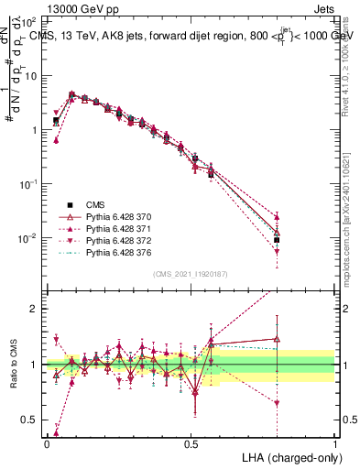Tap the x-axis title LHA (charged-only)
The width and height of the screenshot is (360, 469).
(x=292, y=456)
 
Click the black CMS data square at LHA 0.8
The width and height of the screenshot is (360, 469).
(x=277, y=239)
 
